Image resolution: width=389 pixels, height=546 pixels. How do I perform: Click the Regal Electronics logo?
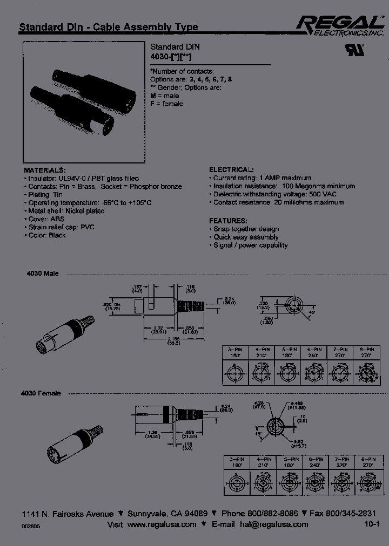point(336,25)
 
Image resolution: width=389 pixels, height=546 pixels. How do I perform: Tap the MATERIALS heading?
point(45,169)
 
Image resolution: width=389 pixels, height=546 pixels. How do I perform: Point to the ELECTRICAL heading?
point(231,169)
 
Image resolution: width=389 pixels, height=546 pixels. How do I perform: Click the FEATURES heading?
point(229,221)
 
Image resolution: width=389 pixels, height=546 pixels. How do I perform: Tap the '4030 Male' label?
point(42,274)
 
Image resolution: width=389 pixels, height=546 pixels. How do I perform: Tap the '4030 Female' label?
point(44,393)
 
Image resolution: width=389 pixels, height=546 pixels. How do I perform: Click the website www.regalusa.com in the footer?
point(162,524)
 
